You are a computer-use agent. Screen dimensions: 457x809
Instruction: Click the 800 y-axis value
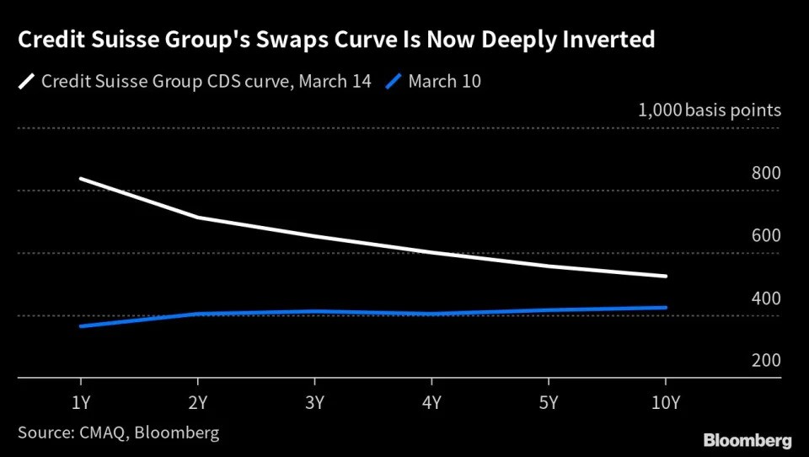[767, 174]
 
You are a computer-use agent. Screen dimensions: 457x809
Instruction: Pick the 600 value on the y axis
[767, 236]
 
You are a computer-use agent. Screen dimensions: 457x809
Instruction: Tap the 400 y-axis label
[767, 298]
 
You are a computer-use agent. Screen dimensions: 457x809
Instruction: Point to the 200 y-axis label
[767, 361]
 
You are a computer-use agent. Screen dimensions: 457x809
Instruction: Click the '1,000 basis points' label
[710, 110]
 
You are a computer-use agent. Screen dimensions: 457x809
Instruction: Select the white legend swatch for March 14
[27, 82]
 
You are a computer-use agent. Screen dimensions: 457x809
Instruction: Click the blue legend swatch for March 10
[394, 82]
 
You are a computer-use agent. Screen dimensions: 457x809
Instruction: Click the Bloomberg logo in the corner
[747, 440]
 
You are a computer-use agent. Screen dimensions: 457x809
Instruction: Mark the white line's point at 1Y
[79, 179]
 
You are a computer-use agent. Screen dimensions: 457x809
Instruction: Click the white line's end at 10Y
[666, 276]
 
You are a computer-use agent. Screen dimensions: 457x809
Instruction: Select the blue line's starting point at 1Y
[79, 325]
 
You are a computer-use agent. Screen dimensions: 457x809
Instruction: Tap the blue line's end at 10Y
[666, 308]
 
